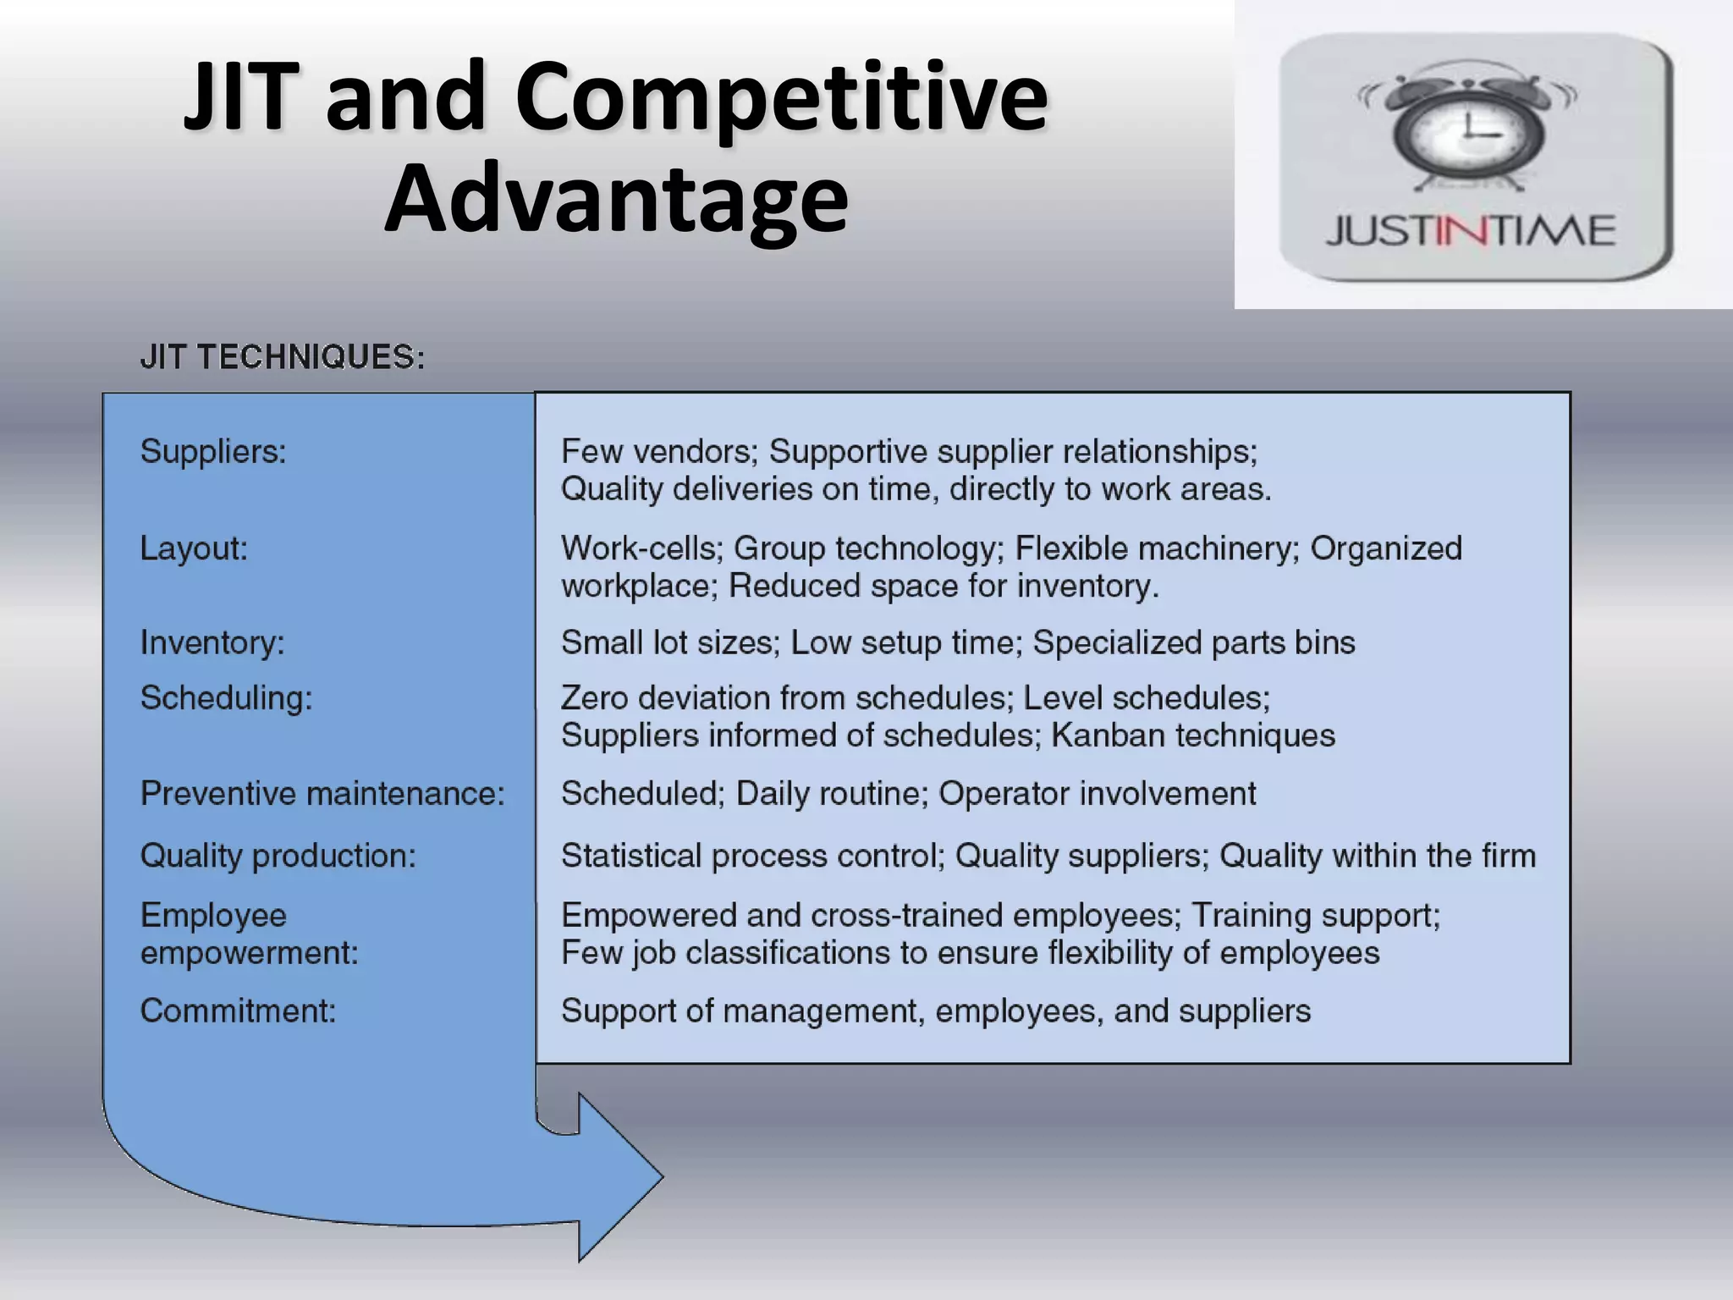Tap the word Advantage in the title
[x=616, y=199]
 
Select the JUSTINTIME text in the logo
[x=1471, y=231]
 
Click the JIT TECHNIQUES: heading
[x=283, y=357]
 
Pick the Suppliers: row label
[x=213, y=451]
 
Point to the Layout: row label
[x=194, y=548]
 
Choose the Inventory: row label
[x=212, y=642]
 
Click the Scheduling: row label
[x=226, y=698]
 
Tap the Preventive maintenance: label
[x=322, y=794]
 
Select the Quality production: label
[x=278, y=856]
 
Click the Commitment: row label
[x=238, y=1011]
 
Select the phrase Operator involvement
[x=1097, y=794]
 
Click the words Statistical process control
[x=752, y=856]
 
